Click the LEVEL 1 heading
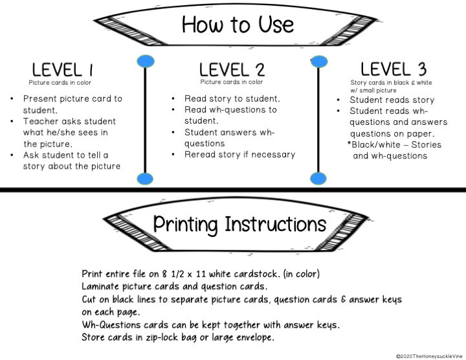tap(62, 70)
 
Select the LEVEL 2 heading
tap(232, 70)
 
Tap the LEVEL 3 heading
tap(394, 69)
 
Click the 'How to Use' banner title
tap(238, 25)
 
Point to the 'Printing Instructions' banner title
tap(239, 225)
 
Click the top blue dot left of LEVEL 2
tap(146, 62)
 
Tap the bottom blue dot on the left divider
tap(145, 179)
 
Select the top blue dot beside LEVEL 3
tap(319, 62)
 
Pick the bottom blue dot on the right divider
tap(318, 179)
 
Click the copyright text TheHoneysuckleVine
tap(430, 356)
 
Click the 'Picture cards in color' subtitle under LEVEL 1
tap(60, 83)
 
